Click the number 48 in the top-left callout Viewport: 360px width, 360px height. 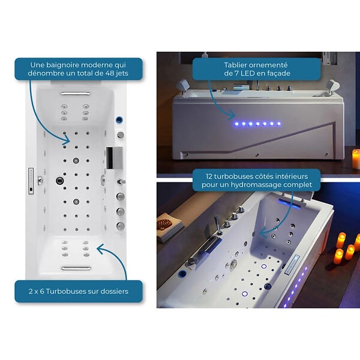pyautogui.click(x=110, y=73)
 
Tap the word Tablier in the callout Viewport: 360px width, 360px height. pyautogui.click(x=235, y=65)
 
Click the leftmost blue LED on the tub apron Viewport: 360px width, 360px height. pyautogui.click(x=236, y=124)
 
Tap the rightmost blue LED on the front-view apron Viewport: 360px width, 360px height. pyautogui.click(x=279, y=124)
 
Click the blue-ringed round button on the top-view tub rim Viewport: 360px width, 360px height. pyautogui.click(x=119, y=119)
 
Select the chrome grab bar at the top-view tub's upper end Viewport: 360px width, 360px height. pyautogui.click(x=76, y=94)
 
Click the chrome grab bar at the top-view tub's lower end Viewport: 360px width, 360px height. pyautogui.click(x=76, y=268)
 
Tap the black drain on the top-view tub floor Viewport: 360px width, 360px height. pyautogui.click(x=59, y=181)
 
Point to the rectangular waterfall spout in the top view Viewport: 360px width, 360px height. pyautogui.click(x=114, y=158)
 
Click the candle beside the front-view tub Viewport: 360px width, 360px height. pyautogui.click(x=356, y=159)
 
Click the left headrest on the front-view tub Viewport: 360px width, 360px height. pyautogui.click(x=183, y=86)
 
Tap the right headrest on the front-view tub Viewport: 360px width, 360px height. pyautogui.click(x=332, y=86)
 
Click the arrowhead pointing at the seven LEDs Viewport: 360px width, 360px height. pyautogui.click(x=232, y=115)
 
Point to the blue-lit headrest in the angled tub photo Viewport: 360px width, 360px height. pyautogui.click(x=290, y=203)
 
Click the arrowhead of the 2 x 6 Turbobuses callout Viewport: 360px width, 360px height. pyautogui.click(x=101, y=248)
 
